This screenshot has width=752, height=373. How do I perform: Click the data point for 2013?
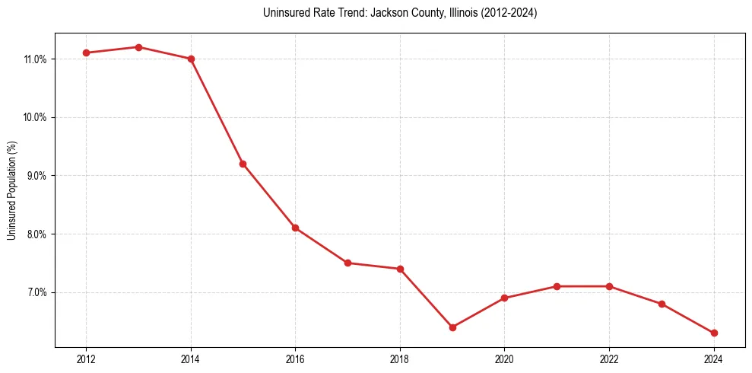[x=138, y=47]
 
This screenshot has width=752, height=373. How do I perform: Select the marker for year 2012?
[x=86, y=53]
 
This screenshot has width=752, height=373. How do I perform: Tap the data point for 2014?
[x=191, y=59]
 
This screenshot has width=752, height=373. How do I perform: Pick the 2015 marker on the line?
[x=243, y=164]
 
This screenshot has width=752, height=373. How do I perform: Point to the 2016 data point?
[x=295, y=228]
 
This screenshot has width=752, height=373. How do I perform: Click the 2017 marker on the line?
[x=347, y=263]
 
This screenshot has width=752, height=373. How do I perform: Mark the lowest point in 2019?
[x=452, y=327]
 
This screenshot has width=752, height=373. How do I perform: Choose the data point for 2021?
[x=557, y=286]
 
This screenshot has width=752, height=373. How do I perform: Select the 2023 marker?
[x=662, y=304]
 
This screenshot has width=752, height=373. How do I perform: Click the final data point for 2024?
[x=714, y=333]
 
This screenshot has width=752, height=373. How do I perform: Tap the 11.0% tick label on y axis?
[x=35, y=59]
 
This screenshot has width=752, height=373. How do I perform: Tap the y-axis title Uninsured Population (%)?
[x=11, y=190]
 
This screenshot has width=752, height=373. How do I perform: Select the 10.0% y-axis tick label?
[x=35, y=117]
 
